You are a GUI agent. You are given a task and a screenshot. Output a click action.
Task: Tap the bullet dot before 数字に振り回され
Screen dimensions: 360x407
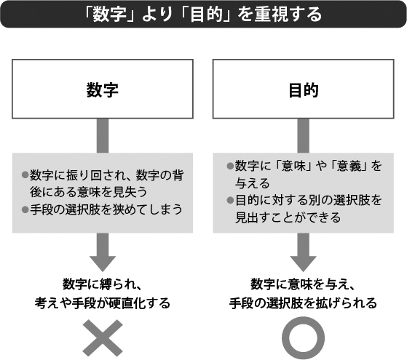tap(25, 175)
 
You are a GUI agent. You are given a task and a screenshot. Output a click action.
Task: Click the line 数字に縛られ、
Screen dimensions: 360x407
tap(103, 284)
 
